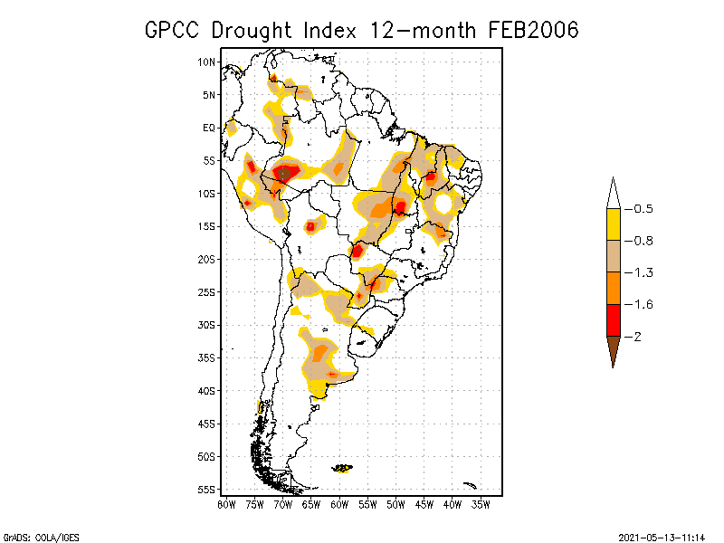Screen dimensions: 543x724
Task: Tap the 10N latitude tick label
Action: (x=207, y=62)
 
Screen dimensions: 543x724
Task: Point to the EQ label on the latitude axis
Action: (x=209, y=128)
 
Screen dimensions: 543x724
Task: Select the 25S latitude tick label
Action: (x=207, y=292)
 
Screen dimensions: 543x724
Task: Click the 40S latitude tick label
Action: (x=207, y=391)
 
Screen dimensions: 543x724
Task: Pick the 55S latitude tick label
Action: (x=207, y=490)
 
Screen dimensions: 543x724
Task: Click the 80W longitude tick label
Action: (x=227, y=504)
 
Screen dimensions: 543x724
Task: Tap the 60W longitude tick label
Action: (x=340, y=504)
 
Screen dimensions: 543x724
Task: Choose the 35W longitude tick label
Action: (x=481, y=504)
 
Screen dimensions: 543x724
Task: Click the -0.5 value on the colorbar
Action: (x=643, y=209)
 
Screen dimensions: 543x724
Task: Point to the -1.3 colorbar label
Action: (x=643, y=272)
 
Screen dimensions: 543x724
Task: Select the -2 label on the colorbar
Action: (x=638, y=336)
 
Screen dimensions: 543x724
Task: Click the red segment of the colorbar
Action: (x=613, y=320)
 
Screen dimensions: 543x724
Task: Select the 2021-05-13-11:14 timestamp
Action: (x=662, y=536)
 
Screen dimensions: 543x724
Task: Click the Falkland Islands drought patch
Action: (x=342, y=468)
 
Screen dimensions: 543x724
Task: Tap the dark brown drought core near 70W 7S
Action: (x=284, y=172)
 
